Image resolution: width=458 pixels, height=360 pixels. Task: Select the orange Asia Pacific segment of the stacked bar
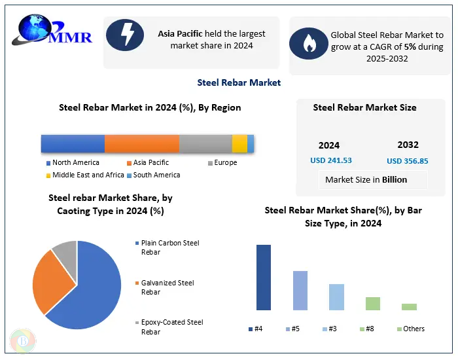tap(141, 143)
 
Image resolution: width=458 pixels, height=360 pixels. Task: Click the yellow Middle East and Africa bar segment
tap(239, 143)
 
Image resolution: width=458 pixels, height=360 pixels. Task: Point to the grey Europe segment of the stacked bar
tap(205, 143)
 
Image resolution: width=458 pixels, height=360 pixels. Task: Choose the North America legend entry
tap(73, 162)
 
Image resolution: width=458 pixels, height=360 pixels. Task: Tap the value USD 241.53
tap(331, 160)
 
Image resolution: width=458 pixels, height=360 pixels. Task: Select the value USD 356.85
tap(408, 160)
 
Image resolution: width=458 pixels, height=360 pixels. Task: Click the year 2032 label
tap(408, 145)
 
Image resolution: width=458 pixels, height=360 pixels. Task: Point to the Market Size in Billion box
tap(366, 179)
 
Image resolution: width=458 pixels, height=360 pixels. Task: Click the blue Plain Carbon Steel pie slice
tap(92, 288)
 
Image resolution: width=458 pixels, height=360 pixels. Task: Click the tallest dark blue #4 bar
tap(263, 278)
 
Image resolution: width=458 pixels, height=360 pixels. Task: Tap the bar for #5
tap(300, 291)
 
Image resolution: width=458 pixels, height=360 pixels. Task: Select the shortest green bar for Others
tap(409, 306)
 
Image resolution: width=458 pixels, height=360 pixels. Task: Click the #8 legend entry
tap(366, 329)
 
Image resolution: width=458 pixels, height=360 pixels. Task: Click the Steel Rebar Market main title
tap(239, 82)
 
